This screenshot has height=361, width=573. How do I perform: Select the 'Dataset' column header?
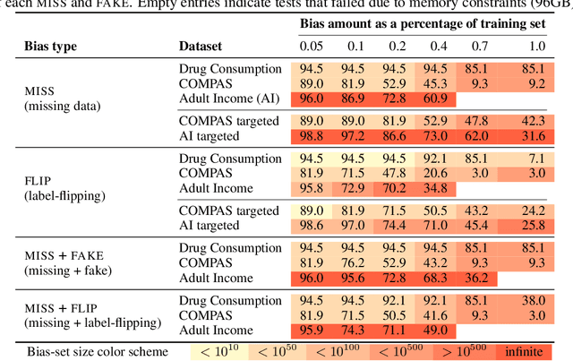coord(201,44)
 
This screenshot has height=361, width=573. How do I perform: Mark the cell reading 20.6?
coord(433,172)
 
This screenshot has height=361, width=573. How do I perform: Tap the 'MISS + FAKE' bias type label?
coord(51,255)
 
